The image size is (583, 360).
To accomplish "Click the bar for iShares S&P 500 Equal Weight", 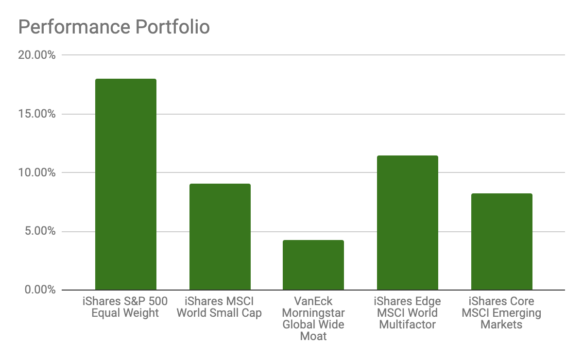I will (125, 185).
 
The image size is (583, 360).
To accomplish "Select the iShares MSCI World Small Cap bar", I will (220, 237).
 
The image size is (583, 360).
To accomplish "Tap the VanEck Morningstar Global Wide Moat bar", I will (313, 265).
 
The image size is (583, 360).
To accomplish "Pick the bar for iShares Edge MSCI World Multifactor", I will (408, 223).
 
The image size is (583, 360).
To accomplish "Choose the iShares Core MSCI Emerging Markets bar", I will (501, 242).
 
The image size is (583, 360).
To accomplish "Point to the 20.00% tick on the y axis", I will (37, 55).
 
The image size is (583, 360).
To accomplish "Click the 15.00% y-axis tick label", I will (37, 114).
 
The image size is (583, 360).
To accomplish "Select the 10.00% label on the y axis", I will (37, 172).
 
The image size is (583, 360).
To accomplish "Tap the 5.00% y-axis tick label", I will (39, 231).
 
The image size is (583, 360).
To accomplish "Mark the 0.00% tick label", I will (39, 290).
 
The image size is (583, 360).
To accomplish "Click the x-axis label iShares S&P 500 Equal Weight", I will (125, 307).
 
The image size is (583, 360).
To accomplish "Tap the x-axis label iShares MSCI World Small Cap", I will (219, 307).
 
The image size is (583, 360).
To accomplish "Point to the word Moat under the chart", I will (313, 336).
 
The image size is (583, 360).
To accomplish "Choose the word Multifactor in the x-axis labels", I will (408, 325).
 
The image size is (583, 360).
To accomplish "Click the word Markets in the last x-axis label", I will (501, 325).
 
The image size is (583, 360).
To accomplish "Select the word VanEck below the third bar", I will (313, 301).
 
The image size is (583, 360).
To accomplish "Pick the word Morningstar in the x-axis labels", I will (313, 313).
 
